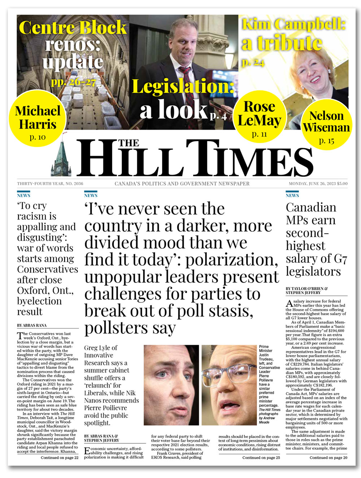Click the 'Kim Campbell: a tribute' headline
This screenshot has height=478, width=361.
coord(293,34)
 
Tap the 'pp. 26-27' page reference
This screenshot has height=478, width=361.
coord(73,82)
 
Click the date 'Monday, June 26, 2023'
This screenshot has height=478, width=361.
coord(312,183)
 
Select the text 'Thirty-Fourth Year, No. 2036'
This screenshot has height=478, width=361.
coord(50,183)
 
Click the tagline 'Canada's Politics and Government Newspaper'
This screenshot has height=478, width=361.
coord(182,183)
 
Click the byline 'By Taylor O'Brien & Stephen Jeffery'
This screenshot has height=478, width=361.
coord(307,291)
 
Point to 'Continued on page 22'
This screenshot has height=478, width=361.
coord(60,458)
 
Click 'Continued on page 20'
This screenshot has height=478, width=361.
coord(328,458)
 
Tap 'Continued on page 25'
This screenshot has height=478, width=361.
coord(261,458)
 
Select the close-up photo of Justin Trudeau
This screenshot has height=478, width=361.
coord(171,385)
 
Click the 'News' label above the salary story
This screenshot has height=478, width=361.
coord(292,195)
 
